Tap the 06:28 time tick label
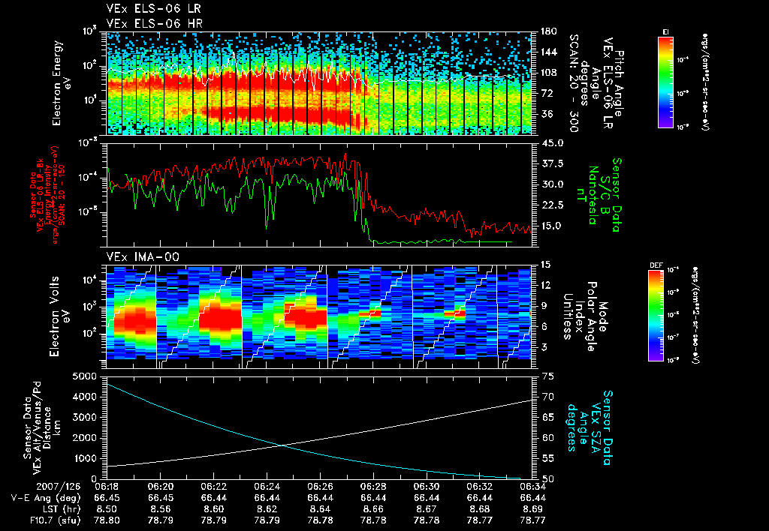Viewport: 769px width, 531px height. pyautogui.click(x=373, y=486)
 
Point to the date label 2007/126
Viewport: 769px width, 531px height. pyautogui.click(x=26, y=486)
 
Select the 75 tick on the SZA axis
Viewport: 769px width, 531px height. pyautogui.click(x=545, y=376)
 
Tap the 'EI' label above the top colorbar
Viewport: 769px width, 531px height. pyautogui.click(x=665, y=31)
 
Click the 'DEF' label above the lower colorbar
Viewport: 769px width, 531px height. pyautogui.click(x=655, y=264)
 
